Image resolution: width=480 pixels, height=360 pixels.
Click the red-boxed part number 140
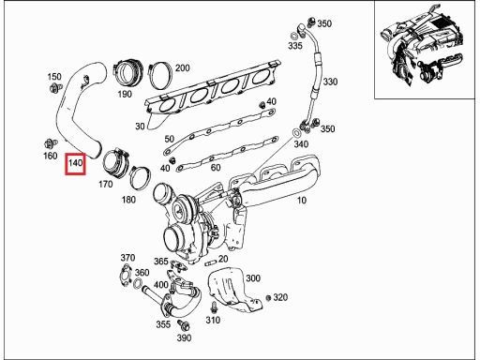75,163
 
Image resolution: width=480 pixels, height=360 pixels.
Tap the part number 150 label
54,77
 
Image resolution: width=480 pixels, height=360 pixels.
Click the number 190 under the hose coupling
125,94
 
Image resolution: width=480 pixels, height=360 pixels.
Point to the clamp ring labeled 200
160,77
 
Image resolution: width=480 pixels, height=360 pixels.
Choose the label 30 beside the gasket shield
140,127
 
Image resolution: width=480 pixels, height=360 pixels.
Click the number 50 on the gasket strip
170,139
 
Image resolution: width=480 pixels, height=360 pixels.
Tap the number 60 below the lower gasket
216,168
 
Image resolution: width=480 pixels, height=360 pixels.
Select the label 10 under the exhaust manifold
301,201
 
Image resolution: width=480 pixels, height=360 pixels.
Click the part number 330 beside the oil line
330,82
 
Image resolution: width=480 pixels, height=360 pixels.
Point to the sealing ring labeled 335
294,35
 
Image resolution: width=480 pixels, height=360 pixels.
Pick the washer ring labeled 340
296,133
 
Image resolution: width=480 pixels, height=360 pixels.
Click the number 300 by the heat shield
253,278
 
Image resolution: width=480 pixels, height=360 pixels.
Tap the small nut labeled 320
268,298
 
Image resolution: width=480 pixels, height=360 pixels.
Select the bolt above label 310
214,307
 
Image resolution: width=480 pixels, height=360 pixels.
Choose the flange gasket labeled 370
125,275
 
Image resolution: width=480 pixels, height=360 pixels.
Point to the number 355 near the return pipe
163,324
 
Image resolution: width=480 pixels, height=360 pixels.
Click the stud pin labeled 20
211,263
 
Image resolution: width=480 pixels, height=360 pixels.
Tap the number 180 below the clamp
128,200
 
